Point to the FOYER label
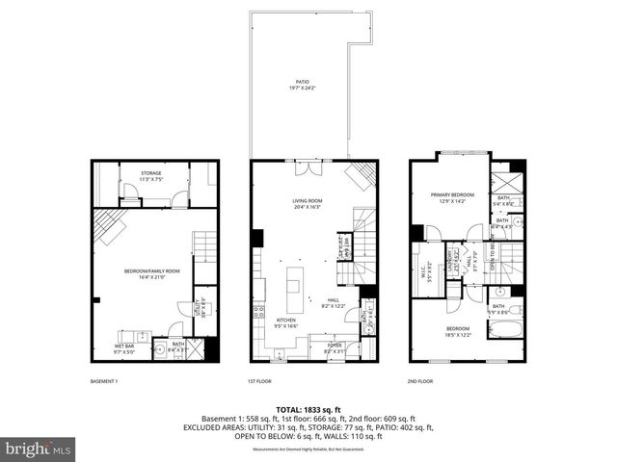tap(335, 344)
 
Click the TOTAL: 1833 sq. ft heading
tap(308, 409)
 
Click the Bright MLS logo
tap(39, 449)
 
